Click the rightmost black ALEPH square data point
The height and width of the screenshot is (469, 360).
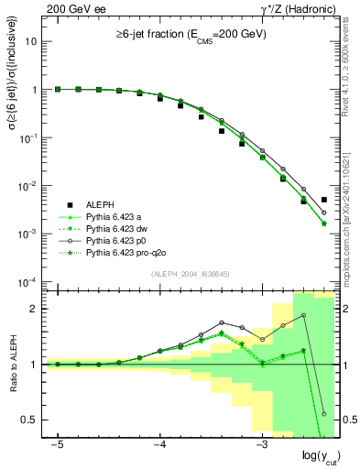click(x=324, y=200)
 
